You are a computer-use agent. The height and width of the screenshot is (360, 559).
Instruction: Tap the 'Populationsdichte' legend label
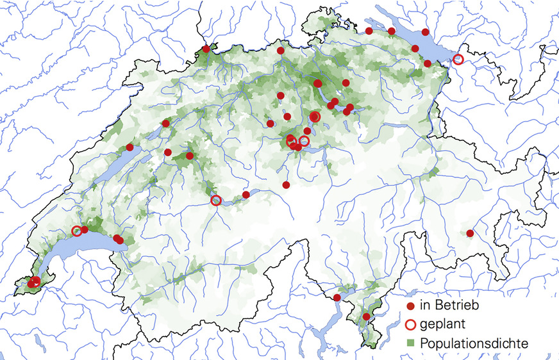474,344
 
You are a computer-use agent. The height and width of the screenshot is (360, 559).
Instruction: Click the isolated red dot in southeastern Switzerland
470,234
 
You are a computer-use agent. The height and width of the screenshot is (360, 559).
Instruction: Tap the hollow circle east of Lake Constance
458,59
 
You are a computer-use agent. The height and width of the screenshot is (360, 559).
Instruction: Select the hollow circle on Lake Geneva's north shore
77,231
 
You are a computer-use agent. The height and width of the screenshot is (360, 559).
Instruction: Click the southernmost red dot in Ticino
366,316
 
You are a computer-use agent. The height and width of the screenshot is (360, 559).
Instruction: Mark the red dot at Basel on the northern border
206,49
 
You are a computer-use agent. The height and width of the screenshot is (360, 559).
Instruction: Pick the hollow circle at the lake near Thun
216,200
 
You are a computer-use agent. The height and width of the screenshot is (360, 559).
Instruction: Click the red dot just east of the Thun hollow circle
246,195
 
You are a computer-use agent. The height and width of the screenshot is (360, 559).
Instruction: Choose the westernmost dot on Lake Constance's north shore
369,31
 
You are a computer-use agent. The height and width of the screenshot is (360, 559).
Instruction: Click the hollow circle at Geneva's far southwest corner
36,281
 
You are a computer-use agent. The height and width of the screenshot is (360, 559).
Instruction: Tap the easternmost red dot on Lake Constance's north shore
426,32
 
